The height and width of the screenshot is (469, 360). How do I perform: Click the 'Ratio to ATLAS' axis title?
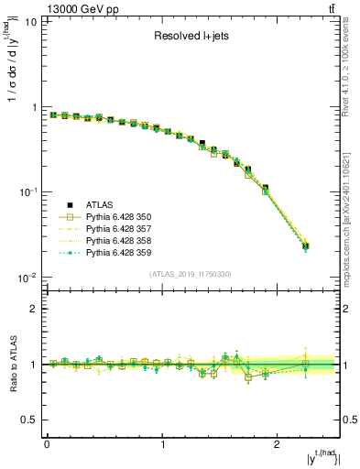point(12,365)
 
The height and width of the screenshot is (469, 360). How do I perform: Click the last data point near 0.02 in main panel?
point(305,245)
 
